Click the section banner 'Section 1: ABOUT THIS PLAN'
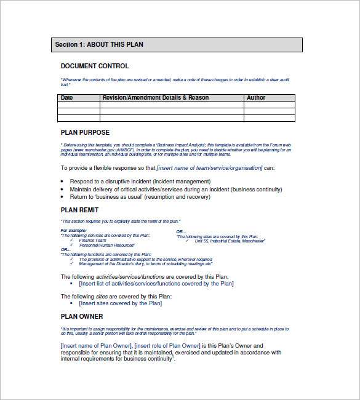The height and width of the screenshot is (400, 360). (x=177, y=45)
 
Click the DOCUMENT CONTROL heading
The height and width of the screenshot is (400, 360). (x=95, y=66)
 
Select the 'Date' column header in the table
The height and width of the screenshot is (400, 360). (x=66, y=98)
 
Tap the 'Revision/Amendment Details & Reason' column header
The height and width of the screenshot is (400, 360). (x=155, y=98)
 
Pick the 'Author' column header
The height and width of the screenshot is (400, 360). (x=256, y=98)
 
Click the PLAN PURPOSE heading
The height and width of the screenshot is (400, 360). (x=85, y=133)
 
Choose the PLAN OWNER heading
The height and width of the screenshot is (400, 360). (x=82, y=317)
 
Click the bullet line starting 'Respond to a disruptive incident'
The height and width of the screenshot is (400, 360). (x=140, y=182)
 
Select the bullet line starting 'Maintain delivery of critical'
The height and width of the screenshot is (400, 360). (x=176, y=190)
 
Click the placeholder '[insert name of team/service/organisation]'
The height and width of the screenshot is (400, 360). (x=209, y=168)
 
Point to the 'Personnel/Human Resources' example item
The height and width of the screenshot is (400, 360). (x=105, y=245)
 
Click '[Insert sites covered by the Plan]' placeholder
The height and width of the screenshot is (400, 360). (x=121, y=303)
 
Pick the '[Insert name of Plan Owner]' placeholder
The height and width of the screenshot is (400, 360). (x=96, y=346)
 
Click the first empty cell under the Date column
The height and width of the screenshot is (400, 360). (x=79, y=105)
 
